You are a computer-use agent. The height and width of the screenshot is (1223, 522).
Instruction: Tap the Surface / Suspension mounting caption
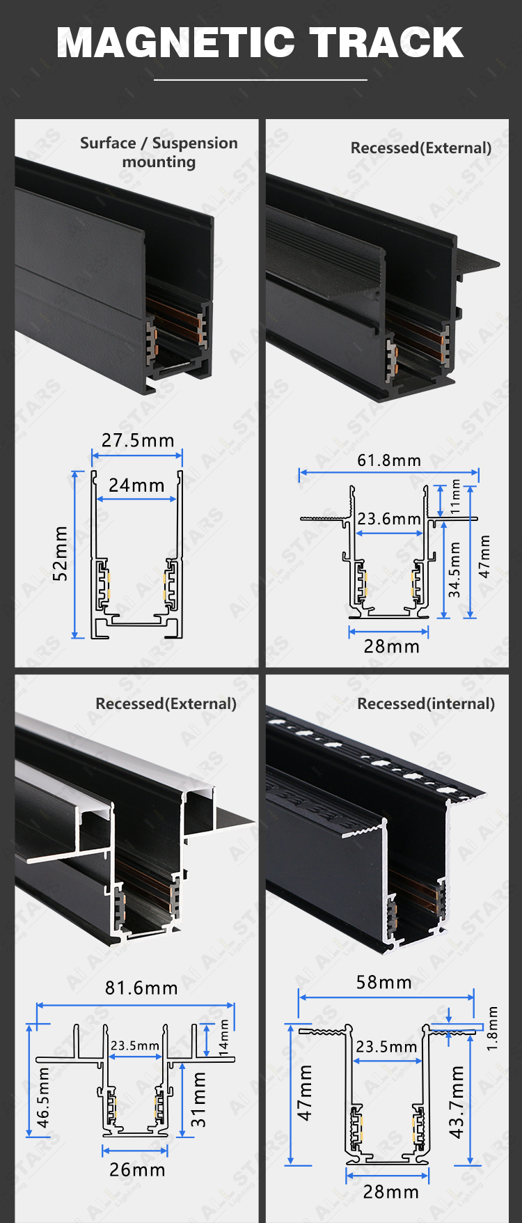(159, 153)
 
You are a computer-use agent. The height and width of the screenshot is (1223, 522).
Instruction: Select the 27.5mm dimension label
(138, 440)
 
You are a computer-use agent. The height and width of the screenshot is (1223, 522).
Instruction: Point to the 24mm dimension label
(136, 485)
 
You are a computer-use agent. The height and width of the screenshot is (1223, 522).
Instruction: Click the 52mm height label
(61, 553)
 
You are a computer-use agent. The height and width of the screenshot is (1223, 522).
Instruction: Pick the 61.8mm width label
(389, 460)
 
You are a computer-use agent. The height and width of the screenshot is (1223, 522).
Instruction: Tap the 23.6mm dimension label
(389, 519)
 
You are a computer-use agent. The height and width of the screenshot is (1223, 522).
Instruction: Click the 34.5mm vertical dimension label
(454, 570)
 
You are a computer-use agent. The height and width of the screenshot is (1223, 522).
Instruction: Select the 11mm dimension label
(456, 497)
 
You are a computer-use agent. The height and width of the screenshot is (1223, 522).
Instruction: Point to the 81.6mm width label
(141, 988)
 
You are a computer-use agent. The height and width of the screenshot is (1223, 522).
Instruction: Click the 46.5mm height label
(43, 1098)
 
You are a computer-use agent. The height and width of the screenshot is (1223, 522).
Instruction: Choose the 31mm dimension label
(199, 1099)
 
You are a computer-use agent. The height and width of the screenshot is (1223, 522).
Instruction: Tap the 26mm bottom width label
(138, 1169)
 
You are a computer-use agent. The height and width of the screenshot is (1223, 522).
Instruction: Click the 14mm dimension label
(224, 1038)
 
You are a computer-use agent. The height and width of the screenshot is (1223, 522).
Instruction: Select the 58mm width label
(384, 982)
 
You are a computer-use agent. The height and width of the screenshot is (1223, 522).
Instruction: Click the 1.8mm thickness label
(493, 1028)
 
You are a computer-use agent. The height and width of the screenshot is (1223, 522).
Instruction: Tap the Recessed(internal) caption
(426, 703)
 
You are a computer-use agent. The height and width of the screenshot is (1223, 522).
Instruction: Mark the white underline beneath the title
(260, 80)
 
